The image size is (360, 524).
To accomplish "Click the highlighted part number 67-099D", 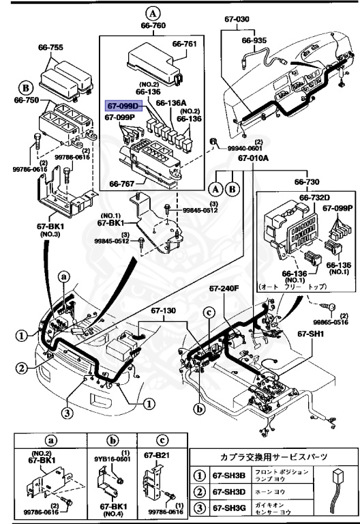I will pos(122,106).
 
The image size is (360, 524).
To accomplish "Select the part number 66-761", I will pos(184,44).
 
